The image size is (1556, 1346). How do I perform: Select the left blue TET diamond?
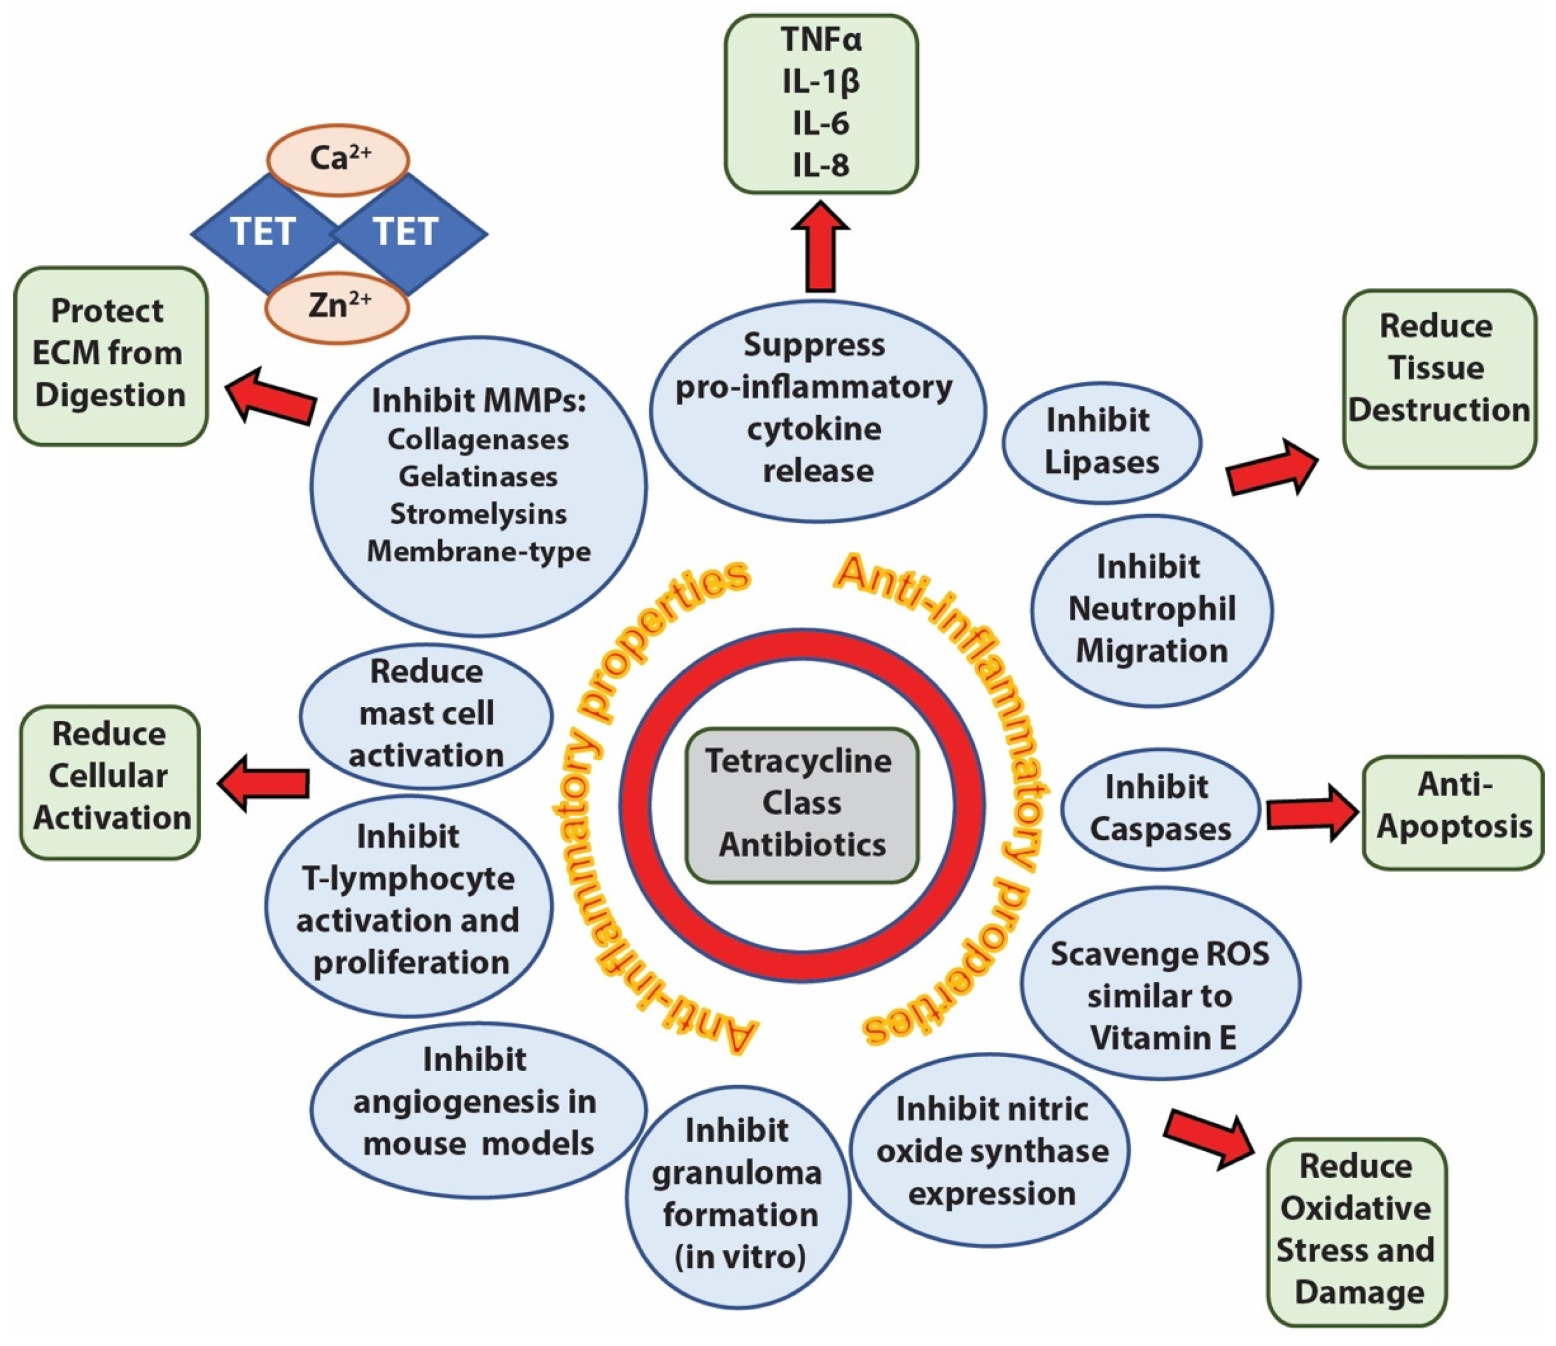pyautogui.click(x=261, y=232)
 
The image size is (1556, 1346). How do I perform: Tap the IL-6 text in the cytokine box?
pyautogui.click(x=820, y=123)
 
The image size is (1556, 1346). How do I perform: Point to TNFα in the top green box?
pyautogui.click(x=820, y=40)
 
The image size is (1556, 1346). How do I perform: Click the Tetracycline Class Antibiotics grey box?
pyautogui.click(x=801, y=804)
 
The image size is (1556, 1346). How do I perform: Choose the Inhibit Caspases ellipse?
pyautogui.click(x=1159, y=808)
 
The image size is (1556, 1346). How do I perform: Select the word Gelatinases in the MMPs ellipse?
pyautogui.click(x=478, y=476)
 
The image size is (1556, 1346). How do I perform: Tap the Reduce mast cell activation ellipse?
pyautogui.click(x=426, y=713)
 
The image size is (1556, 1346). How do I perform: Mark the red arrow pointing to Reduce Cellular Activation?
pyautogui.click(x=264, y=783)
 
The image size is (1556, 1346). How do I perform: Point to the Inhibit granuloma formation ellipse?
pyautogui.click(x=737, y=1194)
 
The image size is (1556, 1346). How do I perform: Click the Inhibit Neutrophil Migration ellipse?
pyautogui.click(x=1151, y=609)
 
